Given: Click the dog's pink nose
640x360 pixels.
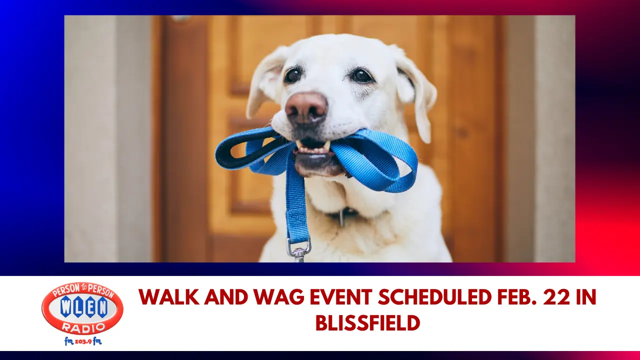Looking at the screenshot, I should click(306, 106).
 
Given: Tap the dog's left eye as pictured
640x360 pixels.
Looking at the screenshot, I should click(292, 75).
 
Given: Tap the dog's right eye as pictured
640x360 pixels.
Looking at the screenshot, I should click(361, 75).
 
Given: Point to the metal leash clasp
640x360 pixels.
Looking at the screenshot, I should click(298, 248).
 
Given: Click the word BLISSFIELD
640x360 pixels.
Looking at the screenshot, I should click(367, 323).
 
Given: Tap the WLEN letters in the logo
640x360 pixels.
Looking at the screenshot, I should click(82, 307).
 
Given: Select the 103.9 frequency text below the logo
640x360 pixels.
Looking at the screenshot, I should click(82, 341).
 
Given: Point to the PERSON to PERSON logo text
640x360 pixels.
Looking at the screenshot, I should click(82, 290).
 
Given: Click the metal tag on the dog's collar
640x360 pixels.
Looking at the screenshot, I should click(341, 217).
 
